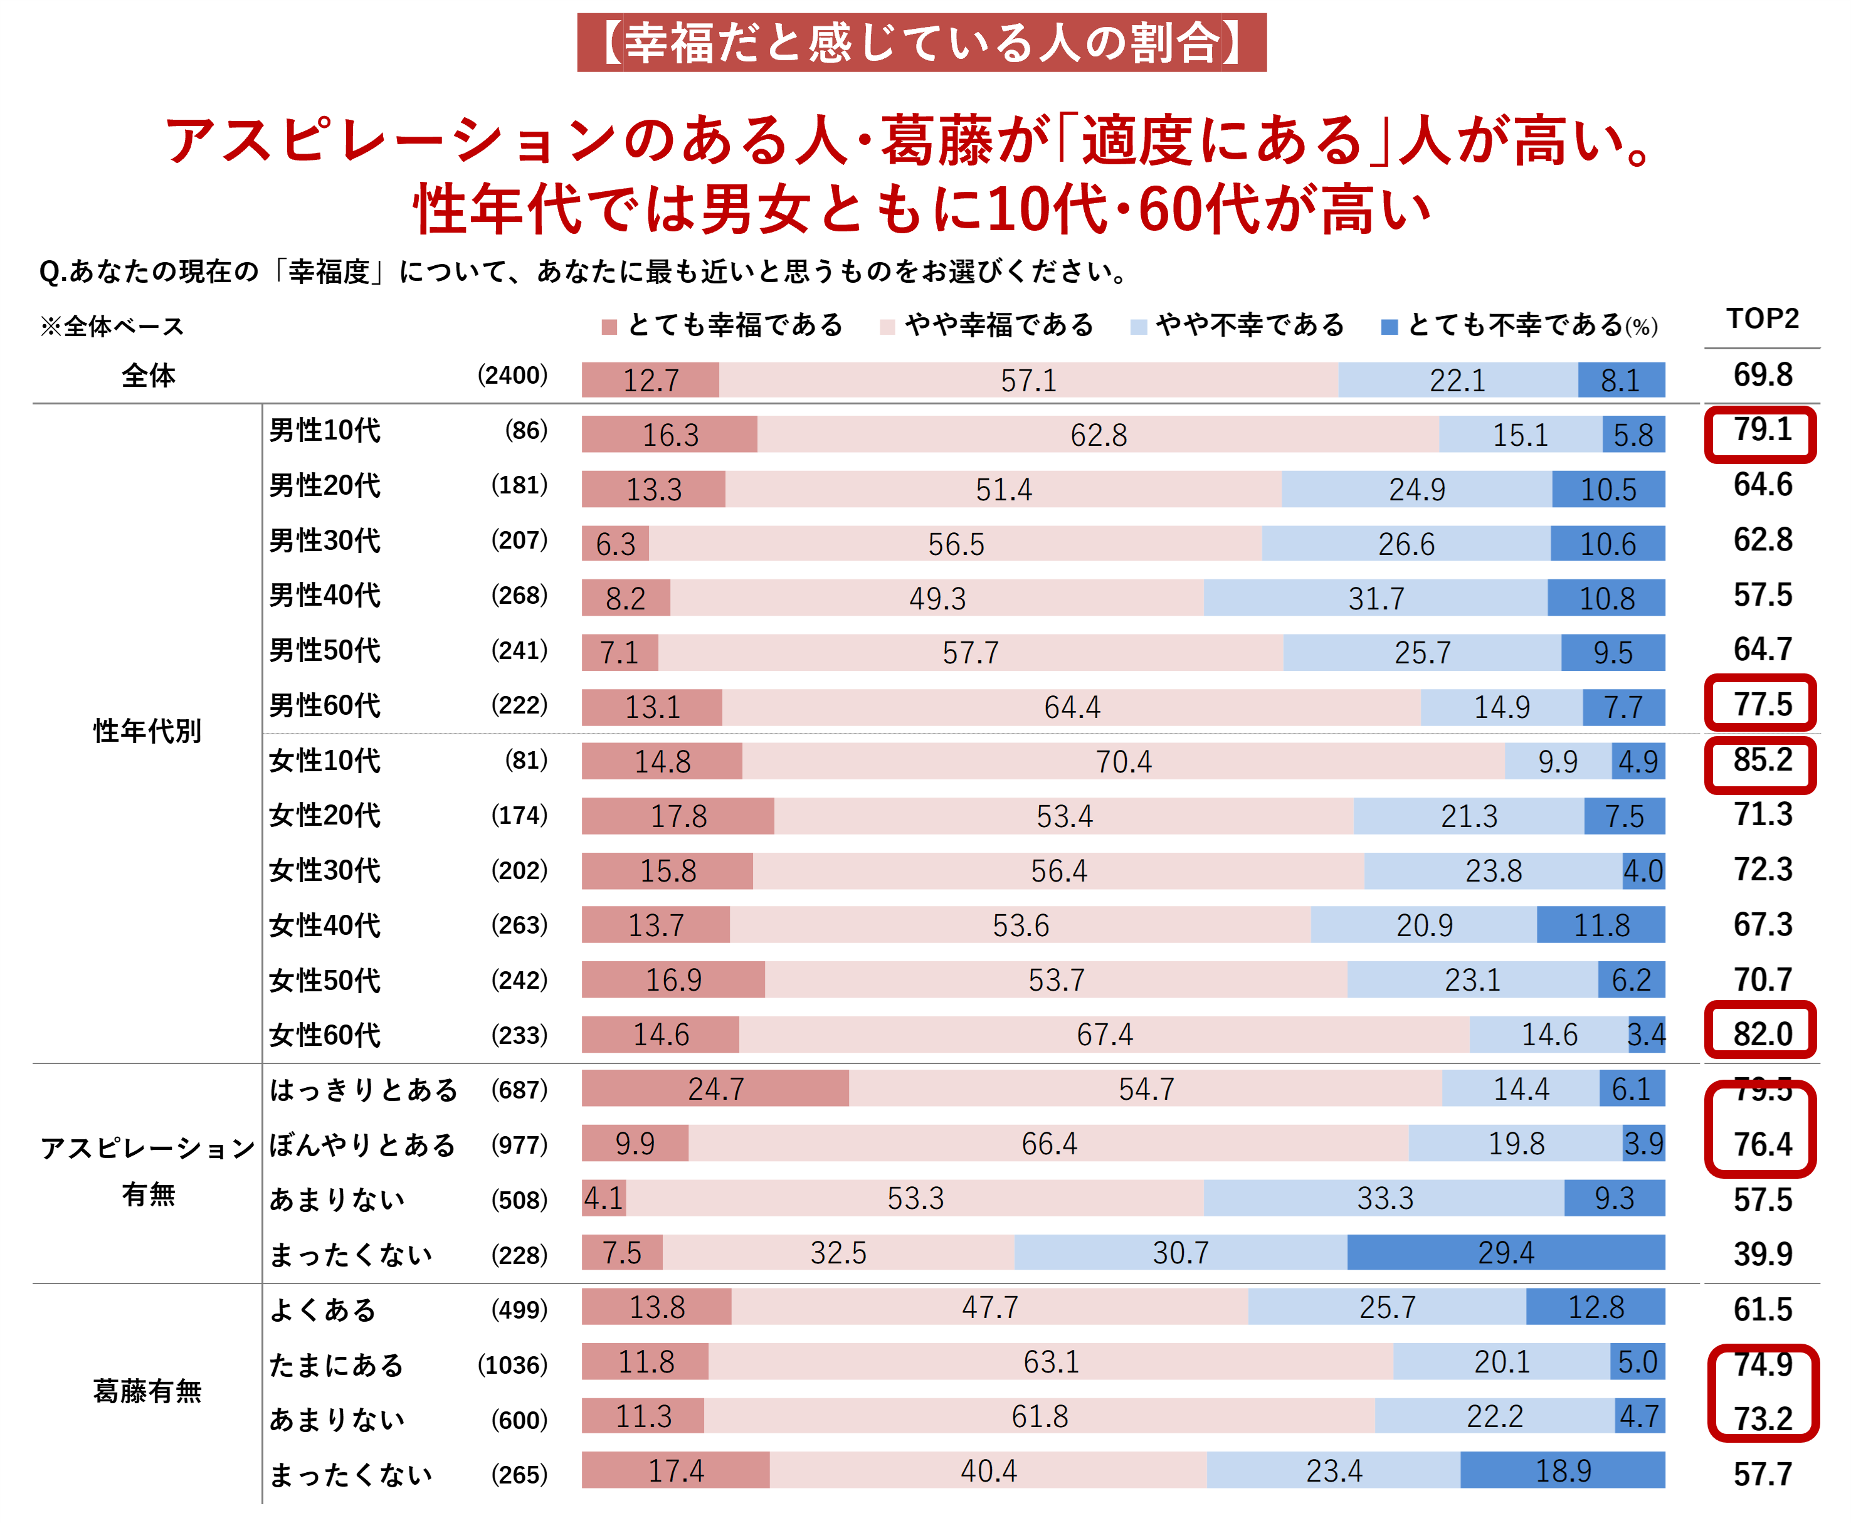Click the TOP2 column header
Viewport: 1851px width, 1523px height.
[x=1761, y=319]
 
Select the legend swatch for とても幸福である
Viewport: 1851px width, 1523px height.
[x=609, y=327]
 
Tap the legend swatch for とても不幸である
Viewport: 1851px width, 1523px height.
[x=1389, y=327]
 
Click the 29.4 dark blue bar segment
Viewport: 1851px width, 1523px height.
[x=1506, y=1252]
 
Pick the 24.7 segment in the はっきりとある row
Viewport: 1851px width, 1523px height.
[x=715, y=1088]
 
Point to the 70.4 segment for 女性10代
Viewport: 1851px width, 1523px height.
[x=1123, y=761]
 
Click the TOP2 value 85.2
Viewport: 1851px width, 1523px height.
[x=1761, y=760]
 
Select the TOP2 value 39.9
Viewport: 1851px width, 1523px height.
[x=1761, y=1253]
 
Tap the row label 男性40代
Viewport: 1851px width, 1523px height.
[x=325, y=596]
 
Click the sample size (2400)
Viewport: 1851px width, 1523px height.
[x=512, y=376]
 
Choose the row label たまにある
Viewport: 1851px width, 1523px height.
[x=336, y=1365]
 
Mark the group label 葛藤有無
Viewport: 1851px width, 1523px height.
[x=147, y=1391]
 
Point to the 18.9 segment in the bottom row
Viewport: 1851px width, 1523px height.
[x=1563, y=1471]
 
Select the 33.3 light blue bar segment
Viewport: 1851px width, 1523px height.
[x=1384, y=1198]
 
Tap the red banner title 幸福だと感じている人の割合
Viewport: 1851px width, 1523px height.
[x=921, y=42]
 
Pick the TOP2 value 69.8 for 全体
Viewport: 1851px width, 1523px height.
[x=1761, y=376]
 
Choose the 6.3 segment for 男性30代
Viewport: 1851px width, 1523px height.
[x=615, y=544]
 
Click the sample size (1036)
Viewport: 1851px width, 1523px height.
[x=512, y=1365]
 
